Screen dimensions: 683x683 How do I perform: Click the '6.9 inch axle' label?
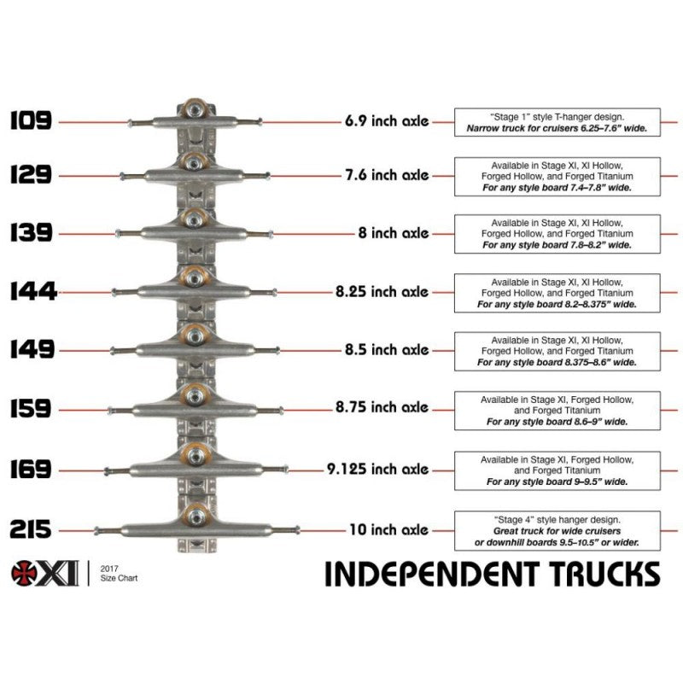coord(385,121)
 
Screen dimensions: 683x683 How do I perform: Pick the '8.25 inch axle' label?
coord(382,291)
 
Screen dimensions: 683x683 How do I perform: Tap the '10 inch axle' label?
coord(388,529)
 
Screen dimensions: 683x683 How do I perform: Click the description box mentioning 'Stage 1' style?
coord(557,121)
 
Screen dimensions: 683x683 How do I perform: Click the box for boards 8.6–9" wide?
coord(557,410)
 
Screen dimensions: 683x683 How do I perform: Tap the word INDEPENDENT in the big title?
coord(433,574)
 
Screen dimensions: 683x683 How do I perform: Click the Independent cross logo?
coord(25,574)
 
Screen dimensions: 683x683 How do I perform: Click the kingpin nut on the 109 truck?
coord(195,109)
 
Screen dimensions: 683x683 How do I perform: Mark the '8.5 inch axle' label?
coord(385,350)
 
